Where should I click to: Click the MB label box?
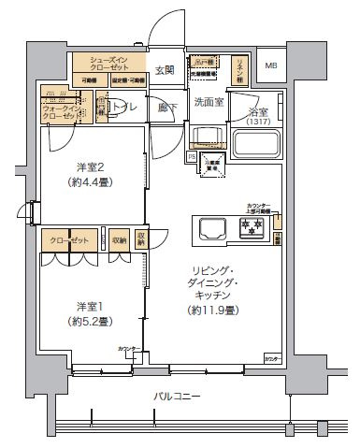[x=271, y=65]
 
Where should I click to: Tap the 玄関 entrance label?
[x=165, y=70]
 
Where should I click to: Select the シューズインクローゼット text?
[x=108, y=64]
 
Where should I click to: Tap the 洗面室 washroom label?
[x=208, y=101]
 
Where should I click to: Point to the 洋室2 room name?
[x=90, y=168]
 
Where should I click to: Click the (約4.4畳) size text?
[x=91, y=183]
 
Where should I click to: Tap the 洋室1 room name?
[x=90, y=306]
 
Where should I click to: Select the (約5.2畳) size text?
[x=91, y=321]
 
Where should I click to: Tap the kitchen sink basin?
[x=208, y=227]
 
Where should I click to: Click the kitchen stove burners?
[x=251, y=227]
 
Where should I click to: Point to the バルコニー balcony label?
[x=178, y=397]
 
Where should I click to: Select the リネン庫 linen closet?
[x=239, y=69]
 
